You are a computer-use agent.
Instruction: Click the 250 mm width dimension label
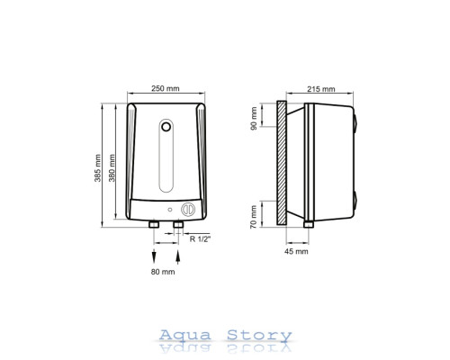(x=166, y=88)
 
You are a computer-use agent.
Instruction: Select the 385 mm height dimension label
(x=97, y=168)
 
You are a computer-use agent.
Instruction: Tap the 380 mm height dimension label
(x=112, y=168)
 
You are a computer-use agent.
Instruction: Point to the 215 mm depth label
(x=321, y=89)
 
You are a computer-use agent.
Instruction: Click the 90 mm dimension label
(x=254, y=119)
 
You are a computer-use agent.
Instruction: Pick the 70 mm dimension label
(x=254, y=217)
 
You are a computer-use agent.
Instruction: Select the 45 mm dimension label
(x=296, y=251)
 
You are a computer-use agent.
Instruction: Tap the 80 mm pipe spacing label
(x=163, y=272)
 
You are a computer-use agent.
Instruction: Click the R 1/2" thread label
(x=201, y=239)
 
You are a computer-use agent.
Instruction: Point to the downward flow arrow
(x=154, y=256)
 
